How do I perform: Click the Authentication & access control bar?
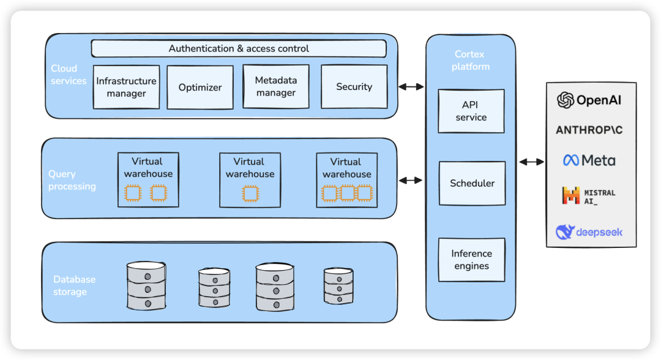coord(239,48)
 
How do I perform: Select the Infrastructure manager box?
coord(127,87)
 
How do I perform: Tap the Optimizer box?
coord(200,88)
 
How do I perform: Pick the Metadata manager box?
coord(275,87)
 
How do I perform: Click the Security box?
coord(354,87)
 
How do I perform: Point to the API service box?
coord(471,111)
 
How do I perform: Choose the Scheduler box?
coord(472,183)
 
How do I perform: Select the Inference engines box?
coord(471,260)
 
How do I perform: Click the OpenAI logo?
coord(589,100)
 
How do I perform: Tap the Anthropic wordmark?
coord(589,130)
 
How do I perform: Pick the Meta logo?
coord(589,160)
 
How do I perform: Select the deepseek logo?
coord(589,232)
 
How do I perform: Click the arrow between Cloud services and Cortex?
coord(411,87)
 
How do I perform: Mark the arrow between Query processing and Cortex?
coord(411,181)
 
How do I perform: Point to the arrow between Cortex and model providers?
coord(531,162)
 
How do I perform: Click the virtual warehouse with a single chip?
coord(249,179)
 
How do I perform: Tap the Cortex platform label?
coord(471,61)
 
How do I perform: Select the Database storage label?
coord(74,286)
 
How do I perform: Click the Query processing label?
coord(72,181)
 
